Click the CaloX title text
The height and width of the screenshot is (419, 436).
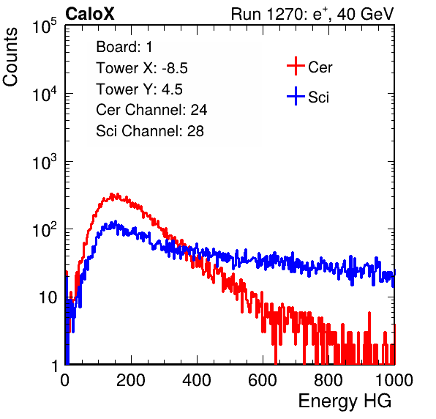point(90,14)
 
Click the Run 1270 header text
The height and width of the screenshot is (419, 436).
point(312,14)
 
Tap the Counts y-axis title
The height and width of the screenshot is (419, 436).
point(10,57)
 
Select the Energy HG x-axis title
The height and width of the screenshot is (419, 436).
point(345,401)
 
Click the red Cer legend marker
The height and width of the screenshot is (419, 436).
point(296,66)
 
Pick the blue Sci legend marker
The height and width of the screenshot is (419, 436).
point(296,97)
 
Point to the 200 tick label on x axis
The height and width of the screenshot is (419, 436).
point(131,380)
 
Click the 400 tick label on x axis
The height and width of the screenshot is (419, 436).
point(197,380)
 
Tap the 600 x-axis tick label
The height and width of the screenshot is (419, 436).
point(263,380)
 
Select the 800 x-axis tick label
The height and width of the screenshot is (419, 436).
point(328,380)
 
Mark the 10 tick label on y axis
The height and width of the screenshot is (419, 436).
point(48,297)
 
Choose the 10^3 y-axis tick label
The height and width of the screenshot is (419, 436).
point(45,162)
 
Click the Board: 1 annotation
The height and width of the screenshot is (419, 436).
point(124,47)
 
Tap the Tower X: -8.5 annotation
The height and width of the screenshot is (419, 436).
point(142,68)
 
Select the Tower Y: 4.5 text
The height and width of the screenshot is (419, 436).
point(139,89)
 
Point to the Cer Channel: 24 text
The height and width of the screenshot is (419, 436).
point(151,110)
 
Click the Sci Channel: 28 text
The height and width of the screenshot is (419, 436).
point(150,131)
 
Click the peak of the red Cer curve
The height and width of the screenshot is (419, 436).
point(112,194)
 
